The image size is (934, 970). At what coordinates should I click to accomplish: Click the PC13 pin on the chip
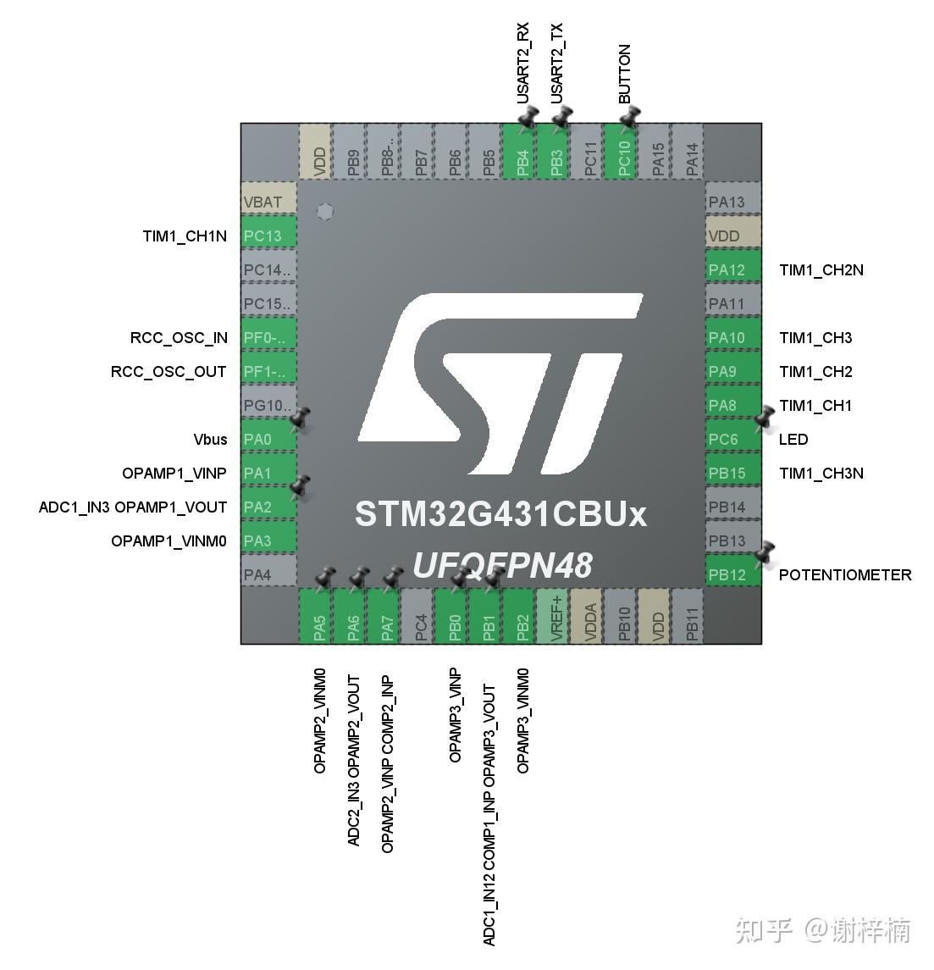(x=268, y=236)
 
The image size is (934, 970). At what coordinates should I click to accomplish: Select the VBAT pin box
(x=268, y=202)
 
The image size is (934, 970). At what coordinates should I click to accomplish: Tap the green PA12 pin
(x=733, y=269)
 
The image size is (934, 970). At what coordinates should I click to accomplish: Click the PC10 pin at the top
(x=624, y=152)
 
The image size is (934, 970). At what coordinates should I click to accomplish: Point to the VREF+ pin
(x=556, y=617)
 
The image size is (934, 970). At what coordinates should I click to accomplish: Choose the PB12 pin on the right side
(x=733, y=574)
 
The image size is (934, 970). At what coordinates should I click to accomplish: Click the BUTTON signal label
(x=624, y=75)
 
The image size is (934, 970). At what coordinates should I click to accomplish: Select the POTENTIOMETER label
(x=844, y=574)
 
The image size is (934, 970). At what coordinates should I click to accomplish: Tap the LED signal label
(x=793, y=439)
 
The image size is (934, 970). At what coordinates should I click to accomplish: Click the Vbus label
(x=210, y=439)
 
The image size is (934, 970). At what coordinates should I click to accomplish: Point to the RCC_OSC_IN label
(x=179, y=337)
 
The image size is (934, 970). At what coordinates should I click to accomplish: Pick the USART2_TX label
(x=556, y=64)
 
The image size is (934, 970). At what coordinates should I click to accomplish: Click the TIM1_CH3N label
(x=821, y=473)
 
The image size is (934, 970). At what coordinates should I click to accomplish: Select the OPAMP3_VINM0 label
(x=522, y=720)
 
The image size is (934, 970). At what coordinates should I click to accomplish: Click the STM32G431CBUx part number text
(x=500, y=514)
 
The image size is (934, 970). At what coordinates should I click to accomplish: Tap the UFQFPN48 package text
(x=502, y=565)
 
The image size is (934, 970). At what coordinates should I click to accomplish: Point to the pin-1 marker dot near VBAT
(x=324, y=212)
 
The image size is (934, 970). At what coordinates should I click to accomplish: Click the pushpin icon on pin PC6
(x=765, y=417)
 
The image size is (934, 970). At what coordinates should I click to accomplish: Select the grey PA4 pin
(x=268, y=574)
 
